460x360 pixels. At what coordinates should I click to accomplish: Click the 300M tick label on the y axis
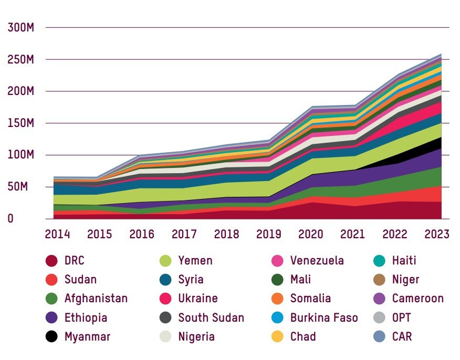tap(21, 27)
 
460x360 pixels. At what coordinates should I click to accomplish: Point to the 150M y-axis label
tap(21, 123)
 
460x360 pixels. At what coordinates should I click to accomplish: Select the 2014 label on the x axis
tap(57, 234)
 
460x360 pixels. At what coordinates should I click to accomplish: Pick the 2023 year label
tap(436, 234)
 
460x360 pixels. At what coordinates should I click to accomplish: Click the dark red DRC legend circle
tap(51, 261)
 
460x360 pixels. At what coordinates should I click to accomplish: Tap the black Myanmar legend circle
tap(51, 336)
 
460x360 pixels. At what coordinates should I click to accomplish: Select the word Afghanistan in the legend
tap(96, 299)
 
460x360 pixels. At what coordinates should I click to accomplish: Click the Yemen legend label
tap(195, 261)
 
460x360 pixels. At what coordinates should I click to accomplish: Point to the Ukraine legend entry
tap(198, 299)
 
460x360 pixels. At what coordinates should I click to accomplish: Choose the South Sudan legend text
tap(211, 317)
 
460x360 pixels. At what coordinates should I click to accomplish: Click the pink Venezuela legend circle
tap(279, 261)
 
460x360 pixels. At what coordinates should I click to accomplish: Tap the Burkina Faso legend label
tap(323, 317)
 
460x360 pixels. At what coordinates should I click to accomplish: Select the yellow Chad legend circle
tap(279, 336)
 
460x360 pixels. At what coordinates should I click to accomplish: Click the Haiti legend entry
tap(404, 261)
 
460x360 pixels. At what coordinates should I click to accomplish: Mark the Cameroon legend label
tap(417, 299)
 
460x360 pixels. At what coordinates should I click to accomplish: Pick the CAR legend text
tap(402, 336)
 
